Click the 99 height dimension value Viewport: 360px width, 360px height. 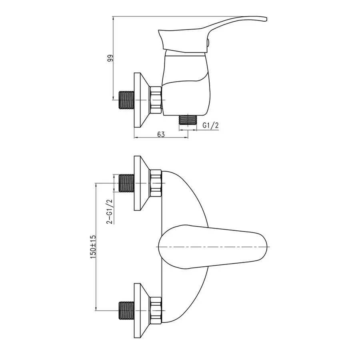(x=110, y=58)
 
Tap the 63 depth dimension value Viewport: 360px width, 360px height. (x=161, y=134)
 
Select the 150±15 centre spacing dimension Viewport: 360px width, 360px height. (x=93, y=247)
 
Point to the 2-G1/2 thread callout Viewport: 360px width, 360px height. (x=110, y=211)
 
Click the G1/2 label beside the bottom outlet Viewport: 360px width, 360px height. (x=210, y=125)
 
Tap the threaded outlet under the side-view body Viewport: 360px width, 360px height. (x=188, y=120)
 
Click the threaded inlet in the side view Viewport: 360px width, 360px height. (x=126, y=100)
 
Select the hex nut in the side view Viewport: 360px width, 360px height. (x=156, y=100)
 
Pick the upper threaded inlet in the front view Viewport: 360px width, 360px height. (x=126, y=183)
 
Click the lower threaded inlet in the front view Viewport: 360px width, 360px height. (x=126, y=310)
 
